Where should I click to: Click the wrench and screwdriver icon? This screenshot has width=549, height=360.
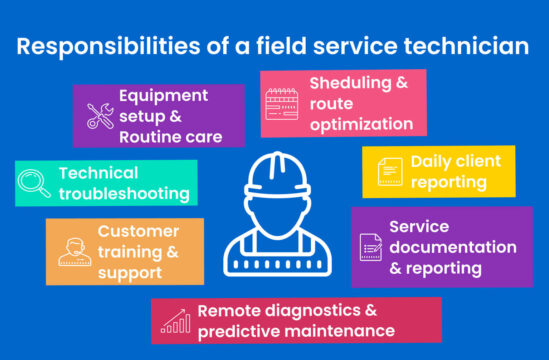coord(100,116)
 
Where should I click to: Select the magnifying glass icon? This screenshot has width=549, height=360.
coord(36,183)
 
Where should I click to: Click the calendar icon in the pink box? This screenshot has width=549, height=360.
coord(281,103)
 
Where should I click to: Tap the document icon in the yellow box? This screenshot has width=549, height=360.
coord(388,172)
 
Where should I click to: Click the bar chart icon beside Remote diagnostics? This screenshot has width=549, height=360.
coord(177,321)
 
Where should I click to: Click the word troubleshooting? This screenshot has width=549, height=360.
coord(124,194)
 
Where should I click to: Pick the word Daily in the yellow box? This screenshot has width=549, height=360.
coord(433,162)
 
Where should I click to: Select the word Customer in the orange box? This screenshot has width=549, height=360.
coord(138,231)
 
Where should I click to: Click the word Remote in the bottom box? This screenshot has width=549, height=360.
coord(228,310)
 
